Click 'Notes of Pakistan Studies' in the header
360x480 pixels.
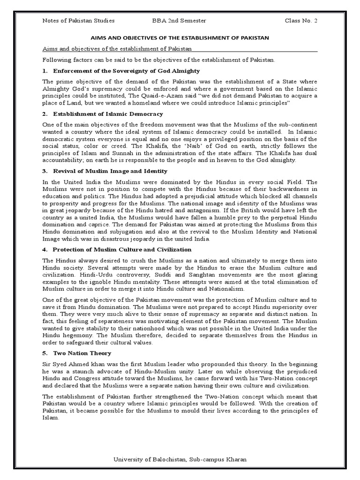78,21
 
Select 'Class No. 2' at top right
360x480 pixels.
301,21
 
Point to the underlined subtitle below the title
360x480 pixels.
117,49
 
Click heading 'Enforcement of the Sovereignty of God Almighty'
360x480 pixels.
127,71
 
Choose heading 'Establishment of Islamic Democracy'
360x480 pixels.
108,114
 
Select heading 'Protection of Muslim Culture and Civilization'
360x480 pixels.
122,249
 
